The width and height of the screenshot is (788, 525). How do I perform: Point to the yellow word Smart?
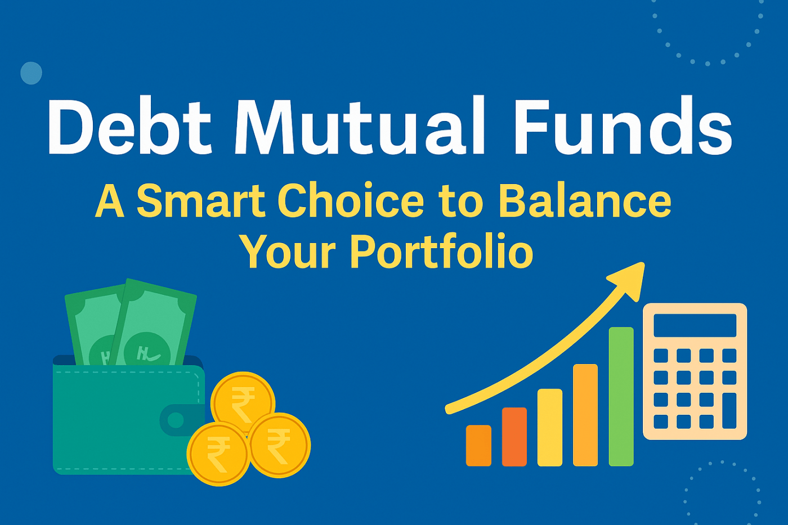[201, 200]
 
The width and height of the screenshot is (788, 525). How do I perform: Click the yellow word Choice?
[351, 200]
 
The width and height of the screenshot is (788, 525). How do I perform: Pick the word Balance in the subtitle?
[585, 200]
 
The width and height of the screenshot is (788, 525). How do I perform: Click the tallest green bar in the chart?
[621, 396]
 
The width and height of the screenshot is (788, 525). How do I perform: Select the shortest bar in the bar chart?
[478, 446]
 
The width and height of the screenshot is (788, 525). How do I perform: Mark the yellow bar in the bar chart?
[550, 428]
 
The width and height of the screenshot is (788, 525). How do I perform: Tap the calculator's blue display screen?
[695, 325]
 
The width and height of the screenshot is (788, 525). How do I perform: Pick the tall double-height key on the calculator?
[729, 411]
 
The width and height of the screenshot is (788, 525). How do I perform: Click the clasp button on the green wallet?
[176, 420]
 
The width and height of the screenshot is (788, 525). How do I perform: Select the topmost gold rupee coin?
[243, 403]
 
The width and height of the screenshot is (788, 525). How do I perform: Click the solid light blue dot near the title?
[32, 73]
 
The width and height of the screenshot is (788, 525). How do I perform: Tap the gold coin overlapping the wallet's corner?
[219, 454]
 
